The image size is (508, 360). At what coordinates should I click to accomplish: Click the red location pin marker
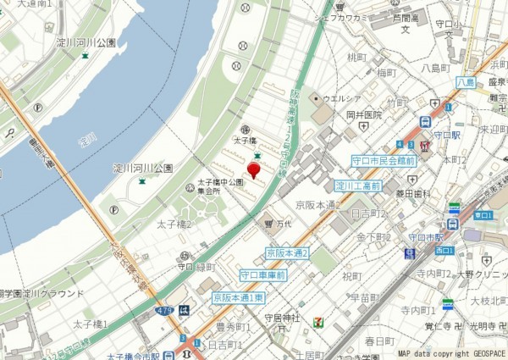pyautogui.click(x=253, y=164)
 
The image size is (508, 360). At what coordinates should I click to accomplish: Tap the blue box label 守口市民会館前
pyautogui.click(x=384, y=160)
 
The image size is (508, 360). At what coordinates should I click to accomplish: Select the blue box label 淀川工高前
pyautogui.click(x=357, y=186)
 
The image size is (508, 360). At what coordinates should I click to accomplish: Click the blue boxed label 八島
pyautogui.click(x=465, y=81)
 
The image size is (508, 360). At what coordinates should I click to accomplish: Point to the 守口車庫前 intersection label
pyautogui.click(x=262, y=275)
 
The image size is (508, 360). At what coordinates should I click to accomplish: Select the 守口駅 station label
pyautogui.click(x=445, y=134)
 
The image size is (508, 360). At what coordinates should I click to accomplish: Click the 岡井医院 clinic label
pyautogui.click(x=364, y=114)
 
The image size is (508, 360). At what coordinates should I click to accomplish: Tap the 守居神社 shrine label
pyautogui.click(x=282, y=318)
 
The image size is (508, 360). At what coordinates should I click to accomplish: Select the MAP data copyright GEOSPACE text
pyautogui.click(x=451, y=353)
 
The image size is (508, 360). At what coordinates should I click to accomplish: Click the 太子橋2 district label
pyautogui.click(x=174, y=224)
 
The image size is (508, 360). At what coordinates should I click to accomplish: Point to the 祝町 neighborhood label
pyautogui.click(x=351, y=276)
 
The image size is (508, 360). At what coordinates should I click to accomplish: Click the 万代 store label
pyautogui.click(x=283, y=224)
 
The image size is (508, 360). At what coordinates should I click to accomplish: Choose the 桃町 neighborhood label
pyautogui.click(x=356, y=58)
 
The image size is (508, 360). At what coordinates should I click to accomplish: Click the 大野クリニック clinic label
pyautogui.click(x=480, y=274)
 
